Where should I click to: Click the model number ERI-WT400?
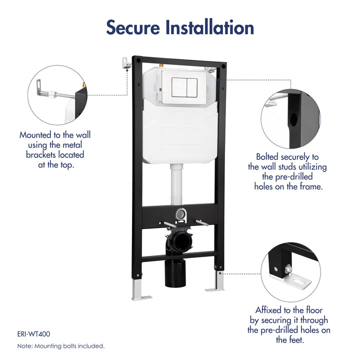33,333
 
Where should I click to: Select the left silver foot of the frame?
140,292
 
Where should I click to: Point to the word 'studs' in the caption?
311,166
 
